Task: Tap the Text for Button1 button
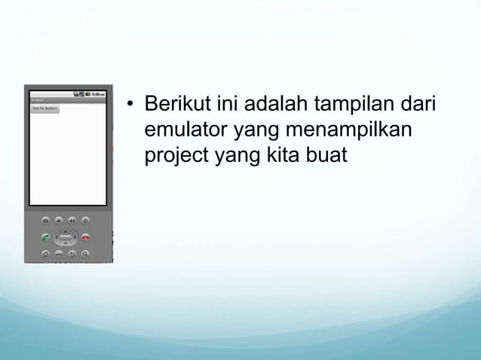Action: (x=44, y=108)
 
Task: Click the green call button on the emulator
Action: (x=46, y=237)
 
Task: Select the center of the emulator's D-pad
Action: (x=66, y=238)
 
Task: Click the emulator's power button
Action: (x=85, y=220)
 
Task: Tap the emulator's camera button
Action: (x=46, y=220)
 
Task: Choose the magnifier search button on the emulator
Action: (x=85, y=255)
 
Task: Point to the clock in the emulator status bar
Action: (x=98, y=94)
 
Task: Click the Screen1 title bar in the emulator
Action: (x=38, y=100)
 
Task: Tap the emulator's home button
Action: (x=46, y=255)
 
